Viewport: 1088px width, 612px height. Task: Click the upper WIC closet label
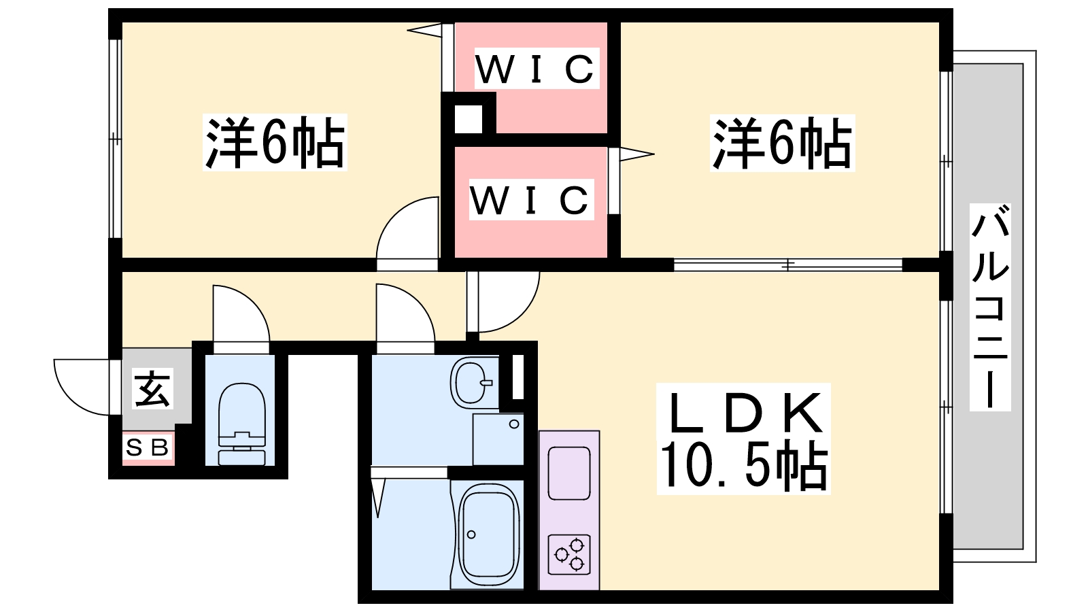pyautogui.click(x=535, y=69)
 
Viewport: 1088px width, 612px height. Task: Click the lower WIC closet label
pyautogui.click(x=530, y=200)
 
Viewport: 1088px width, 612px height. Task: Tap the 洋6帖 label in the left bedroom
pyautogui.click(x=275, y=143)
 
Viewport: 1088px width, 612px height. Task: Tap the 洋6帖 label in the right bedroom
pyautogui.click(x=781, y=143)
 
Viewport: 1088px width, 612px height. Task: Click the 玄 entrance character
pyautogui.click(x=153, y=389)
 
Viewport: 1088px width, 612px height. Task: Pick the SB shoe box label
pyautogui.click(x=148, y=448)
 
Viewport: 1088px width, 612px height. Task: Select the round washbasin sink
pyautogui.click(x=471, y=383)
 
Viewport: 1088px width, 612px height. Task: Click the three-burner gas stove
pyautogui.click(x=570, y=554)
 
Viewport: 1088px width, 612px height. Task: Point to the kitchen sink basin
pyautogui.click(x=568, y=473)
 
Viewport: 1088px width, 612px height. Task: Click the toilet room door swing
pyautogui.click(x=239, y=313)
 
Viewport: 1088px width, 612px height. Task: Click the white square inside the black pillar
pyautogui.click(x=468, y=120)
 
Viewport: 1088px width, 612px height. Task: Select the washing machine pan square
pyautogui.click(x=498, y=439)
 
